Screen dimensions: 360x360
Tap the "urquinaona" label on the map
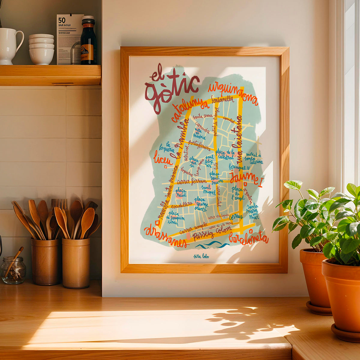(233, 93)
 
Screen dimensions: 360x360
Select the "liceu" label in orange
(163, 159)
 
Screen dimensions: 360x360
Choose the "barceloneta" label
(248, 238)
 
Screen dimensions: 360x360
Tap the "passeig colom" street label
(212, 232)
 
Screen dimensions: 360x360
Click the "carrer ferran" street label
(192, 181)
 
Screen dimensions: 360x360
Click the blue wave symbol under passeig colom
(212, 245)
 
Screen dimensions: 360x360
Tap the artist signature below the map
(201, 256)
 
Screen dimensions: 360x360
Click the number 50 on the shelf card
(62, 20)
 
